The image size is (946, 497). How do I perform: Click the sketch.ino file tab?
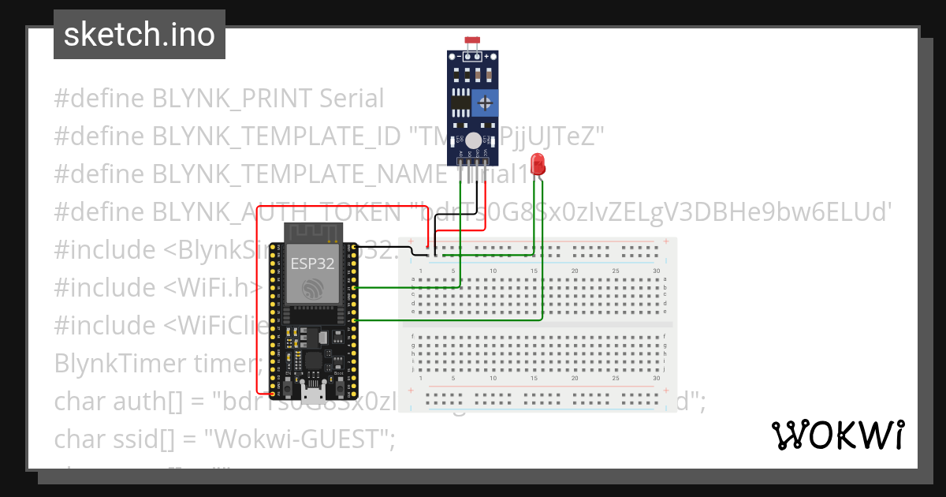(x=139, y=35)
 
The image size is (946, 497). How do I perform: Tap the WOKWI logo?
(x=837, y=435)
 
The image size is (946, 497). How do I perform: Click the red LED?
(x=538, y=163)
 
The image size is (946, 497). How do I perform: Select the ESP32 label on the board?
(x=313, y=263)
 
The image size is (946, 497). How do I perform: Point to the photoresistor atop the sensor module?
(x=473, y=40)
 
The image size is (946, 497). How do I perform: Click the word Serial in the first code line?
(x=352, y=99)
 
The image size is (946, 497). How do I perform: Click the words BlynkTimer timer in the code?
(x=157, y=364)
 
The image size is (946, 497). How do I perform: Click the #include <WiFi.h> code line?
(x=158, y=288)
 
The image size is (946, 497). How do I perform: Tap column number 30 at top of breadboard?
(x=657, y=271)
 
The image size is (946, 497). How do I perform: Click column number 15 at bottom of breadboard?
(x=534, y=379)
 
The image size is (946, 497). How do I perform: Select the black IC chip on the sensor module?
(x=460, y=102)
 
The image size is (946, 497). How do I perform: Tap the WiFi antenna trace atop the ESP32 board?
(x=313, y=234)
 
